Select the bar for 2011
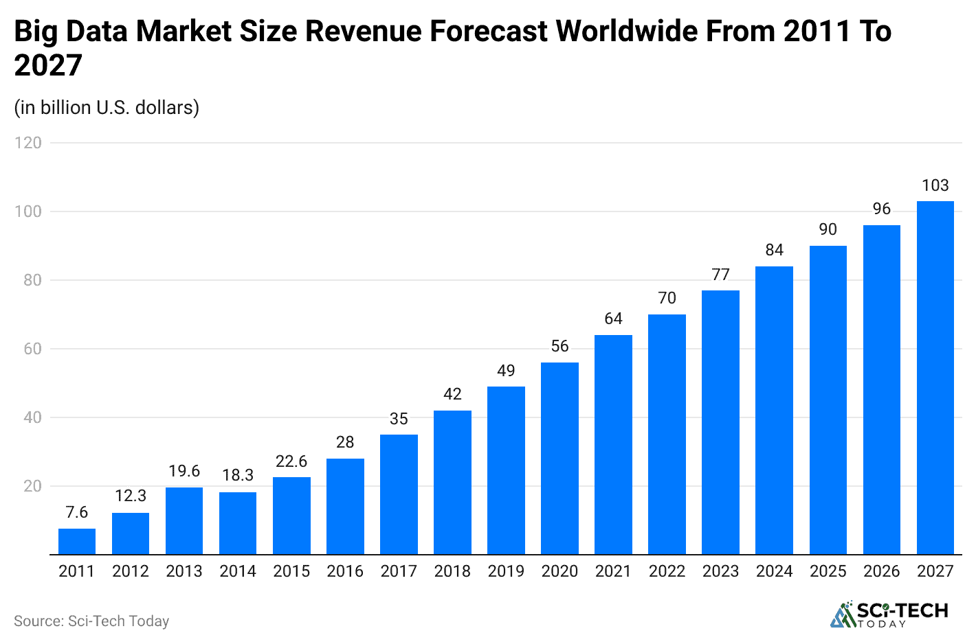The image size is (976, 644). [x=77, y=541]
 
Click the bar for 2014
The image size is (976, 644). [x=238, y=523]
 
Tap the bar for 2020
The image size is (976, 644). [x=559, y=458]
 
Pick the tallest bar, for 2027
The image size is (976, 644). [x=935, y=378]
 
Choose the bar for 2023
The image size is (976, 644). [x=720, y=422]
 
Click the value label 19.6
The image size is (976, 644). [x=184, y=471]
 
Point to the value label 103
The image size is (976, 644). [x=935, y=185]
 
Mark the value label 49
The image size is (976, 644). [x=506, y=371]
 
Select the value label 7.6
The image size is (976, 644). [x=77, y=512]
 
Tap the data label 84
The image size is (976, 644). [x=775, y=250]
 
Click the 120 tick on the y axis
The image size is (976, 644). [x=28, y=143]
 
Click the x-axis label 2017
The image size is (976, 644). [x=399, y=571]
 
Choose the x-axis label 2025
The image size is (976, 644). [x=828, y=571]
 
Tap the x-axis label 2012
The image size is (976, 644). [x=131, y=571]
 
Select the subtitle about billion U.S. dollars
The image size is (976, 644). [x=107, y=108]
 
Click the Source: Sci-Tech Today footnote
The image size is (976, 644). [x=91, y=621]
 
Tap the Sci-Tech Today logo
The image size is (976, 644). [x=889, y=614]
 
